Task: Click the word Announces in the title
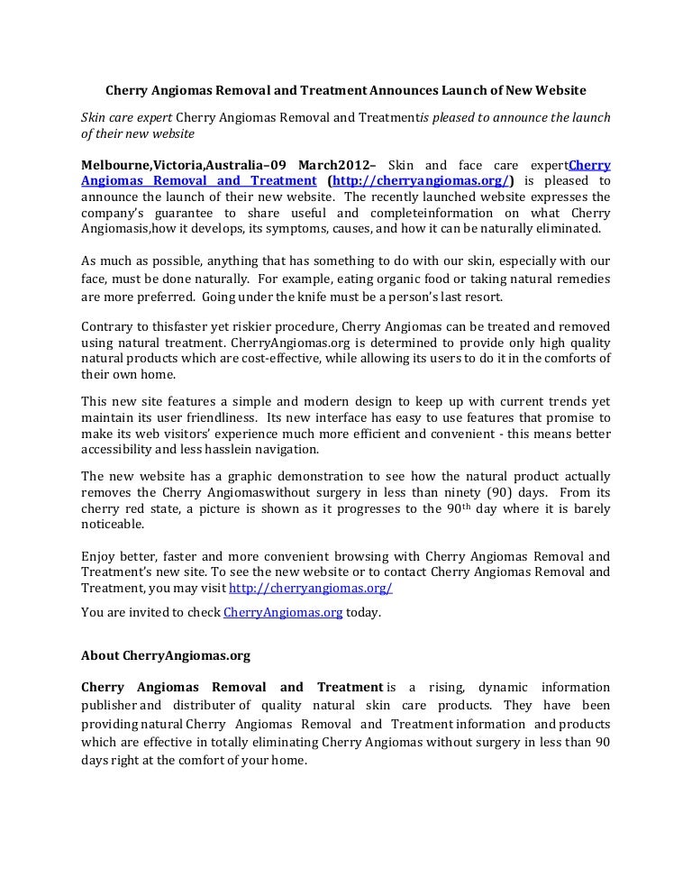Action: pyautogui.click(x=403, y=91)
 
